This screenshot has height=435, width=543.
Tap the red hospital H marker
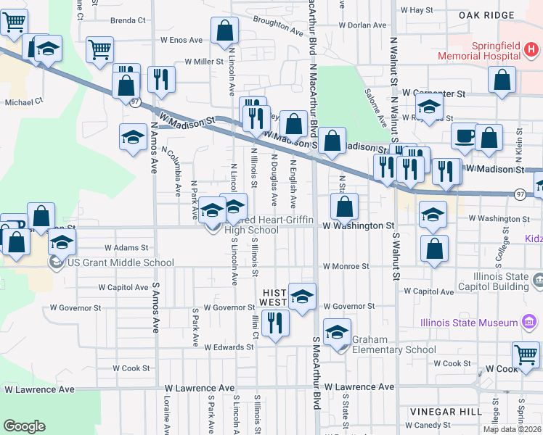tap(531, 49)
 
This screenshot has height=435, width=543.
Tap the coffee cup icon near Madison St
tap(463, 135)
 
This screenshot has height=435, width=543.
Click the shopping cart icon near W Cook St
tap(526, 355)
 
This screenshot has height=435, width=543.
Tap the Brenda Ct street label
tap(128, 21)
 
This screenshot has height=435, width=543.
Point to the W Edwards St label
tap(229, 347)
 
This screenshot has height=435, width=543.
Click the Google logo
tap(24, 426)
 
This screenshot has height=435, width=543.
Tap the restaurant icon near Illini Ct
tap(274, 321)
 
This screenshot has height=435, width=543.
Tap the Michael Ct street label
tap(25, 102)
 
